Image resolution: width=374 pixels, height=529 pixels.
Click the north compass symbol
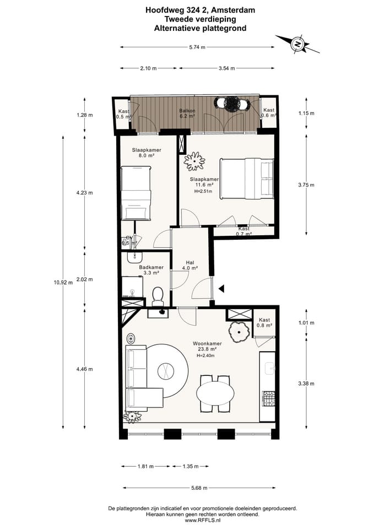[297, 44]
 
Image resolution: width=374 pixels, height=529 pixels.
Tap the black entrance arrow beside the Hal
[221, 288]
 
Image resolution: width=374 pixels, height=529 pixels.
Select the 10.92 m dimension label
[63, 282]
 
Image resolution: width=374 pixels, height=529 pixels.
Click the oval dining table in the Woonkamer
[215, 393]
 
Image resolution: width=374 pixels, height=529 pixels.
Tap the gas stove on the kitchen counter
[269, 398]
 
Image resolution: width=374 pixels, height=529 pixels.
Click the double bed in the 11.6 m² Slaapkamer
[247, 179]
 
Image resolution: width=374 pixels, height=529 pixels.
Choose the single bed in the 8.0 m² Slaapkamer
[136, 193]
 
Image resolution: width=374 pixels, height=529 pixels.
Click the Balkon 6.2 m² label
[187, 113]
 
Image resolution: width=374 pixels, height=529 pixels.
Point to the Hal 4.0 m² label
[190, 265]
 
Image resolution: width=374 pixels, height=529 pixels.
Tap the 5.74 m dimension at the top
[197, 47]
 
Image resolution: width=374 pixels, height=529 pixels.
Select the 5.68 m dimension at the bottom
[199, 488]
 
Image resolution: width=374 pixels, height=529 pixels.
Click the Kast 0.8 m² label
[264, 322]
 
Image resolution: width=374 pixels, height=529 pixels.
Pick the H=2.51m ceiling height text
[203, 191]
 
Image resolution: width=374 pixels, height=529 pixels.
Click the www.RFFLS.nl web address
[202, 521]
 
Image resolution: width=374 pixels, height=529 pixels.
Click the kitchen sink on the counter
[270, 369]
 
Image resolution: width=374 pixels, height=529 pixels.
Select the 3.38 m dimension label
[306, 384]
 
